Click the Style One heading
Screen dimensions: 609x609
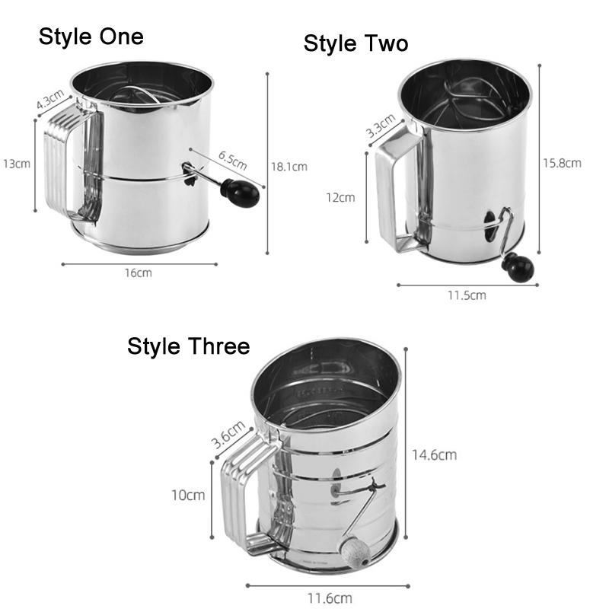[x=91, y=37]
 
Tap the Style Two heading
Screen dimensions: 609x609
[x=356, y=43]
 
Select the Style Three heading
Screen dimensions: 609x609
[x=188, y=346]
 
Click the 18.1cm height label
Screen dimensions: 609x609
[x=289, y=167]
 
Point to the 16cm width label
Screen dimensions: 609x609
[x=138, y=273]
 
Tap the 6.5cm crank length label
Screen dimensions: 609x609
[x=232, y=161]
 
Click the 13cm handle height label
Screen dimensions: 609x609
[x=16, y=164]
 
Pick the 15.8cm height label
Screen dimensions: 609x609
[x=562, y=162]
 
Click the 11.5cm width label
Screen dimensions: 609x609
[x=466, y=295]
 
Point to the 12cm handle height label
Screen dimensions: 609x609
[x=340, y=197]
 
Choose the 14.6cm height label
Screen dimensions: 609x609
[x=434, y=454]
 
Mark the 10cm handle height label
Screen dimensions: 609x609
[x=188, y=495]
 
